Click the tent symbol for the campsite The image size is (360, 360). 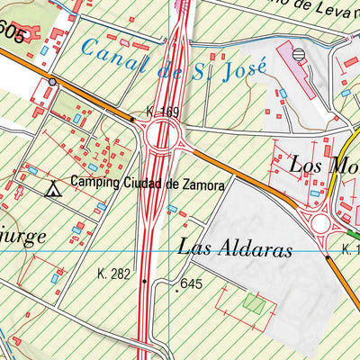coord(53,189)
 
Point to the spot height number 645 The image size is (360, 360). coord(192,284)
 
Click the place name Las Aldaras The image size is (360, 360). coord(236,249)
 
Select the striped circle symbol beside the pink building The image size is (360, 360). coord(298,54)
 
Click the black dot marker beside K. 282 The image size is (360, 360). coord(143,281)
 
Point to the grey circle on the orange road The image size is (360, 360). coord(52,82)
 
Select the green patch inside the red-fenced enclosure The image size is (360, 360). coord(255,304)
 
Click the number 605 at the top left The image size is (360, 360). coord(11,31)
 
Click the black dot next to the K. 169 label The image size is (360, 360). coord(132,118)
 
